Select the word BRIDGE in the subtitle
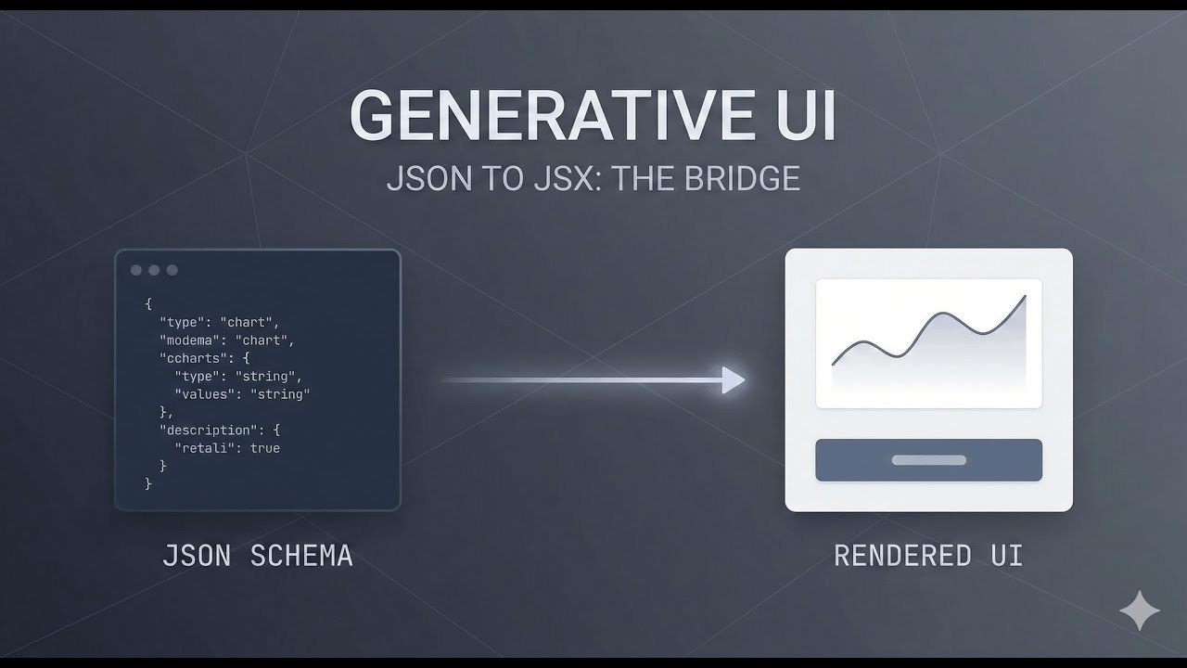[742, 178]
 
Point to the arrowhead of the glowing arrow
[734, 379]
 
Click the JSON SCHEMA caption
[258, 556]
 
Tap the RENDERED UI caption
[928, 556]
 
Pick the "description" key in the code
[206, 430]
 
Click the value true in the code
[264, 448]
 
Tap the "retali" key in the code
[204, 448]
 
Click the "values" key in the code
[204, 393]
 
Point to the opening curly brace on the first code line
[148, 303]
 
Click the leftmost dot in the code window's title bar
[136, 270]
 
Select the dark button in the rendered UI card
[928, 460]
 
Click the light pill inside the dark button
[928, 460]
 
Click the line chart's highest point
[1025, 297]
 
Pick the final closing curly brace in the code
[148, 483]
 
